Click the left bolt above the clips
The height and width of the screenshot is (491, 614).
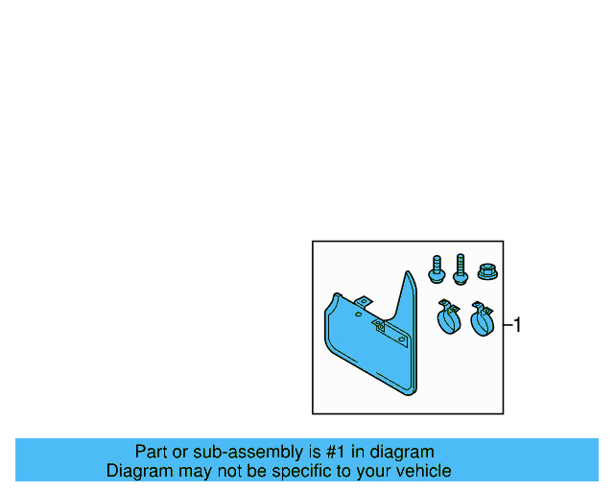tap(437, 269)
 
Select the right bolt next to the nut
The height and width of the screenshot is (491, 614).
tap(460, 269)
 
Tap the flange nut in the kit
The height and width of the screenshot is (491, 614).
tap(485, 271)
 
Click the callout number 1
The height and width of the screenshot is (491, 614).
tap(517, 325)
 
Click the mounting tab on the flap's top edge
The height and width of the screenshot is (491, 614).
tap(363, 304)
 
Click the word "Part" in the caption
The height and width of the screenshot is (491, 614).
tap(152, 452)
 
